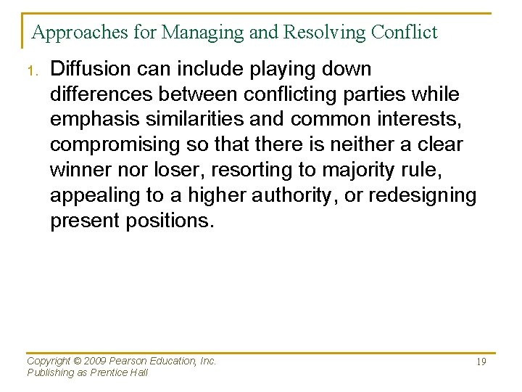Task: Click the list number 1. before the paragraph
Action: tap(32, 71)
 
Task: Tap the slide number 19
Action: tap(481, 362)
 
